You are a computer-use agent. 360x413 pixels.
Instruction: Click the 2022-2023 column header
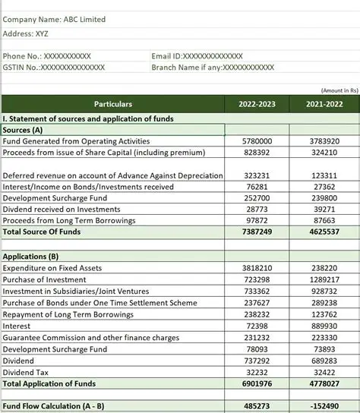257,104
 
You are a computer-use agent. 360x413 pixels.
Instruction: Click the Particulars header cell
113,104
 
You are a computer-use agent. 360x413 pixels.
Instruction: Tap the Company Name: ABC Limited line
55,19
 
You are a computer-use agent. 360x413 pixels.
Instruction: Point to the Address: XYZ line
26,33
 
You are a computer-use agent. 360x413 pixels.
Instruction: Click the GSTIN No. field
54,68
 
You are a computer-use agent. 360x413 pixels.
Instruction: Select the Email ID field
197,56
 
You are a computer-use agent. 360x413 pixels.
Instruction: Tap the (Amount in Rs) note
339,90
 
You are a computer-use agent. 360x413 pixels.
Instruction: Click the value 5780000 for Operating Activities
257,141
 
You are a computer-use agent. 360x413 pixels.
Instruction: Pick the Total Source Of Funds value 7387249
257,232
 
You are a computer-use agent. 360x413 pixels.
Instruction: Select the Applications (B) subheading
31,257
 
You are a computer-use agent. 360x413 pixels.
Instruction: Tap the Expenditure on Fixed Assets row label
52,268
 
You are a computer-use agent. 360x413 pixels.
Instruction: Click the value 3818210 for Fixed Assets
257,268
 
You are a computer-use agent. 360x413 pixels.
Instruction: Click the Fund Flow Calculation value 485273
257,406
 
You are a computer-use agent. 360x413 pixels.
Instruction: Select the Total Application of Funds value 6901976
257,384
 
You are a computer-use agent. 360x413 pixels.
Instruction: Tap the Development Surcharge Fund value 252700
257,197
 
